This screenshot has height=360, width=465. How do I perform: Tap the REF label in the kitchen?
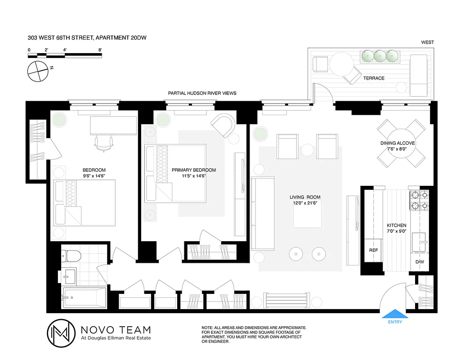coord(373,250)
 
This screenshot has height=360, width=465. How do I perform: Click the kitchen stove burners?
coord(419,201)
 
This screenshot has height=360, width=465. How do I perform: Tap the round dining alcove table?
coord(402,144)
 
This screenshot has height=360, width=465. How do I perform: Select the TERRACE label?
coord(374,78)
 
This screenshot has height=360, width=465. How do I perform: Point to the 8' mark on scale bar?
coord(100,50)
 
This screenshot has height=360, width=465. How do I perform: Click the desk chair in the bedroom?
coord(103,143)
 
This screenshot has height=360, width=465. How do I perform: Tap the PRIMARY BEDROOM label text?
coord(193,170)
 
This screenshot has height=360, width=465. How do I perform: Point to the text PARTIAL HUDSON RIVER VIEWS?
coord(202,93)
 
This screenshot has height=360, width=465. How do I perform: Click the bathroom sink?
coord(69,275)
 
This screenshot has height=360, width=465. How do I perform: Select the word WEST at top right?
coord(427,42)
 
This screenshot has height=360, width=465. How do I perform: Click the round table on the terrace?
coord(343,66)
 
